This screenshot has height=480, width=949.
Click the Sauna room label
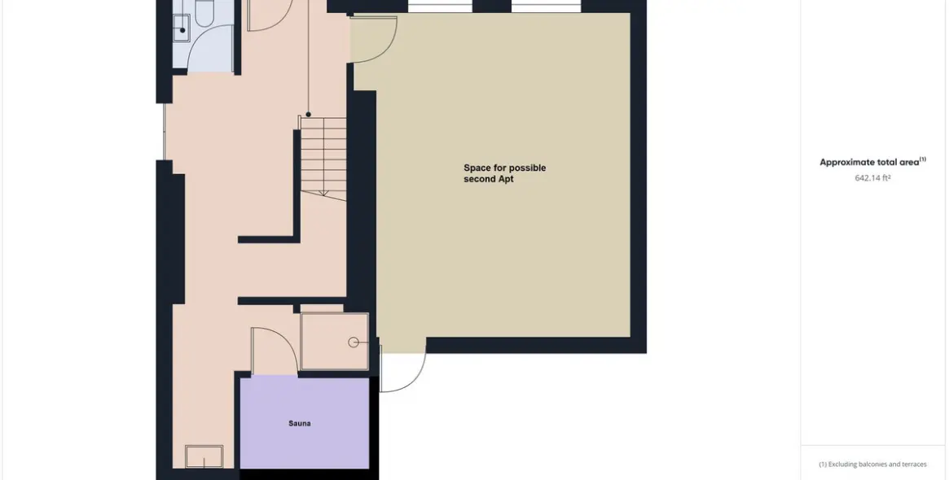pyautogui.click(x=299, y=424)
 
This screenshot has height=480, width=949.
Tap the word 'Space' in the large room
pyautogui.click(x=477, y=168)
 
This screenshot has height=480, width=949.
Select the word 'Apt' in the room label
pyautogui.click(x=506, y=180)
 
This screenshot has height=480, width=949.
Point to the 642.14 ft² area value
pyautogui.click(x=872, y=178)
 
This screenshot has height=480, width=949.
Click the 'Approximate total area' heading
pyautogui.click(x=869, y=163)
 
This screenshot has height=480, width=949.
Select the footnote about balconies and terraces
pyautogui.click(x=872, y=465)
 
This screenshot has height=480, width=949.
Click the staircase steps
pyautogui.click(x=324, y=155)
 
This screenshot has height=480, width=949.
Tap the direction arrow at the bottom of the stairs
pyautogui.click(x=323, y=192)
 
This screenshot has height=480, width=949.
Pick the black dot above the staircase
pyautogui.click(x=308, y=115)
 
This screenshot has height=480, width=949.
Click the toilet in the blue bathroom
pyautogui.click(x=204, y=11)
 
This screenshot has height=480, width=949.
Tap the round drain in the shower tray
pyautogui.click(x=354, y=343)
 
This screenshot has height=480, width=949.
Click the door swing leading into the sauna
pyautogui.click(x=273, y=350)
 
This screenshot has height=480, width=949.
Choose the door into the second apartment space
pyautogui.click(x=373, y=41)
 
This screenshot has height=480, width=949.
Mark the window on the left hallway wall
pyautogui.click(x=165, y=131)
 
